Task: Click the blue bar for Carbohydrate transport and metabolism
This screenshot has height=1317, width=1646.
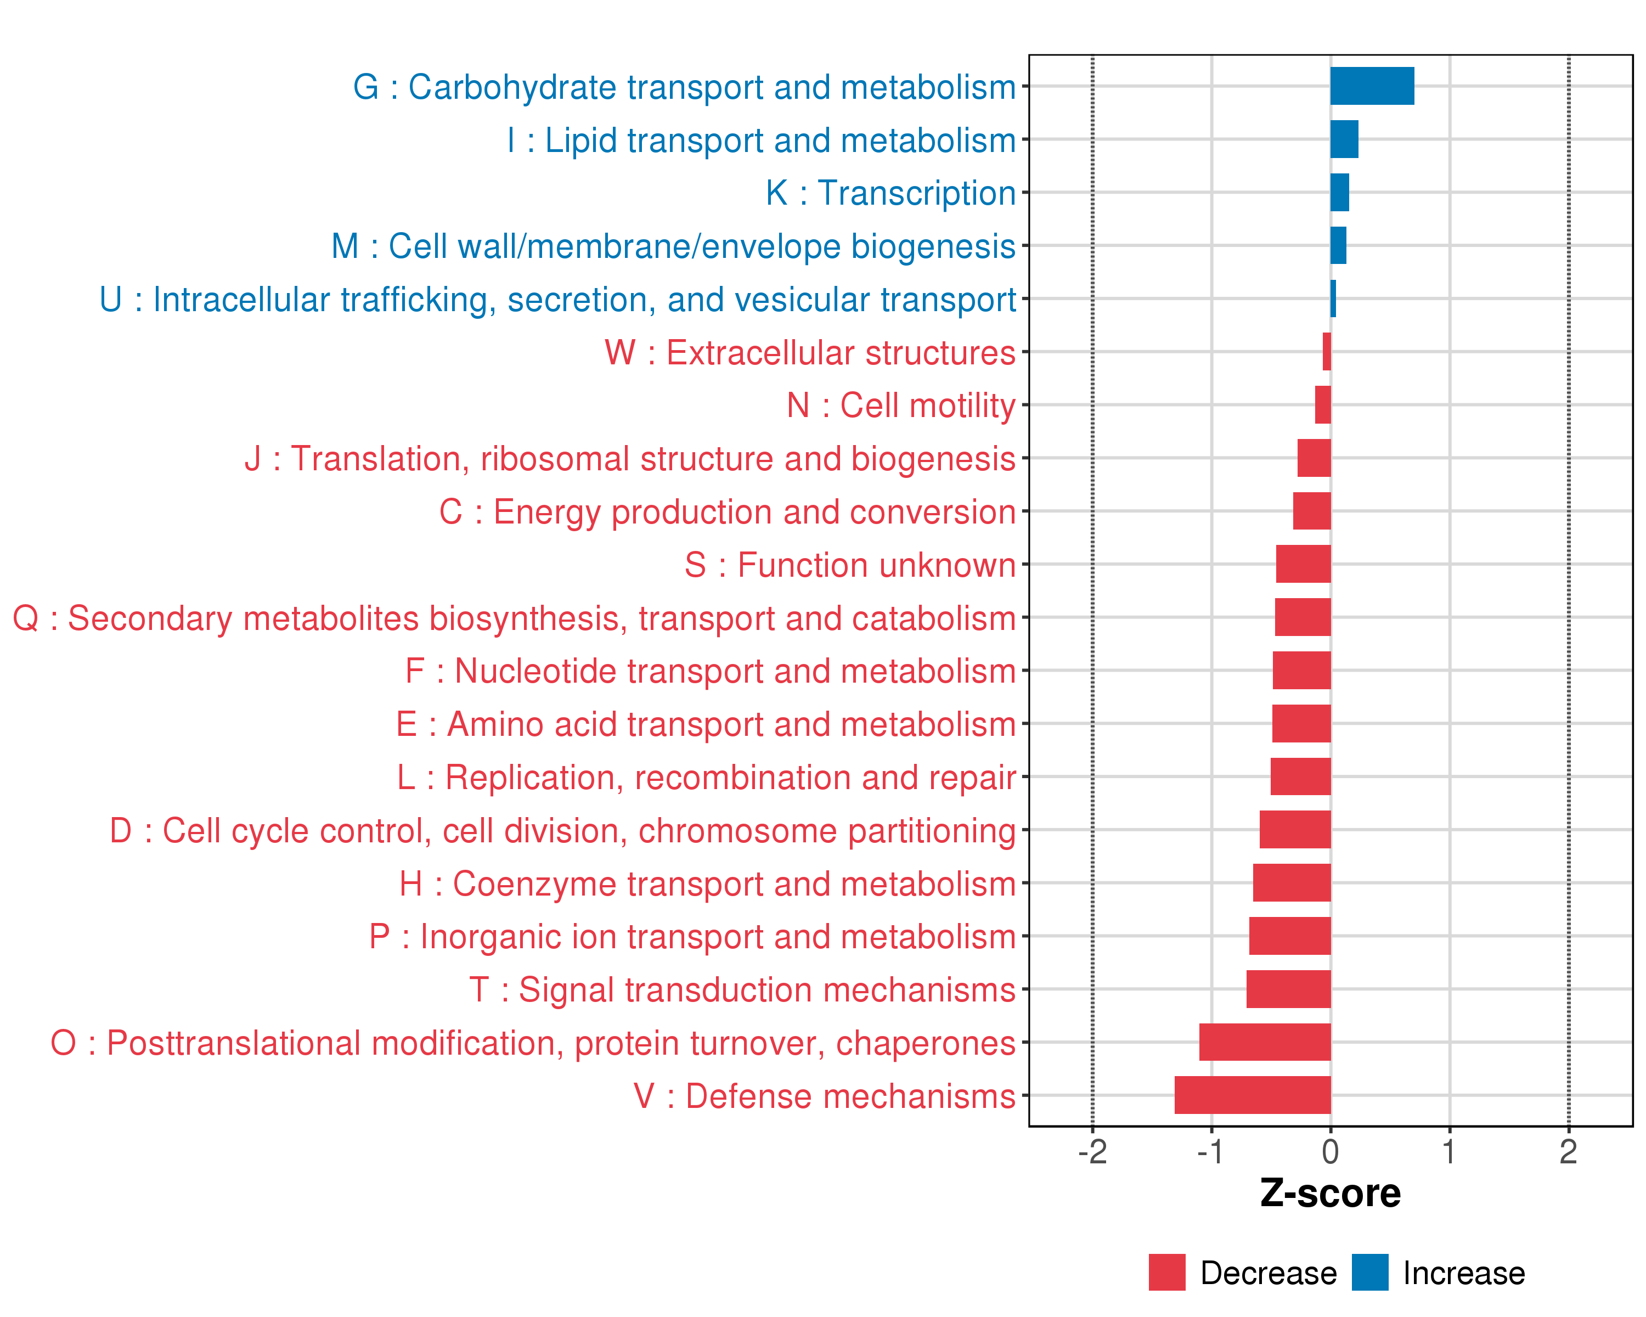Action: (1372, 86)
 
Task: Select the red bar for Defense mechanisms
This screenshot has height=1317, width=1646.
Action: (1252, 1095)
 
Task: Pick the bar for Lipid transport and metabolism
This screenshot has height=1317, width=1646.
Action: (1344, 139)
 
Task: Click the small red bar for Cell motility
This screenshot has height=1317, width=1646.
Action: (1322, 404)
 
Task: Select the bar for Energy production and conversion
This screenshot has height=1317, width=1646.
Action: (1312, 511)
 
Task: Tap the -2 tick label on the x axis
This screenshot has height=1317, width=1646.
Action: (1092, 1151)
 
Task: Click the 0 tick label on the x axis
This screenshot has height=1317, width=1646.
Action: (1330, 1151)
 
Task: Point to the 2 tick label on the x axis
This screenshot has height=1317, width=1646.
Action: (1568, 1151)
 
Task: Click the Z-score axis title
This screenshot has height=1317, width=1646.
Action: (1330, 1194)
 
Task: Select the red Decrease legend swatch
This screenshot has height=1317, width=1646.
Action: (1166, 1272)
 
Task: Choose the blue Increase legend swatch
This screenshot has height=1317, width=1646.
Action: (1369, 1272)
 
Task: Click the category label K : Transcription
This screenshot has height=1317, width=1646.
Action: (890, 193)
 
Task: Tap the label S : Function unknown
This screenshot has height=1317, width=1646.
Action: (850, 565)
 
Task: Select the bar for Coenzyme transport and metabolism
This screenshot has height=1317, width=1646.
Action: (1291, 882)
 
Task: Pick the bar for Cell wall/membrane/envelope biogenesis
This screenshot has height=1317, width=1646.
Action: (1338, 245)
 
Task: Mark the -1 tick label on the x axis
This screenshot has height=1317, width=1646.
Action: (1211, 1151)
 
